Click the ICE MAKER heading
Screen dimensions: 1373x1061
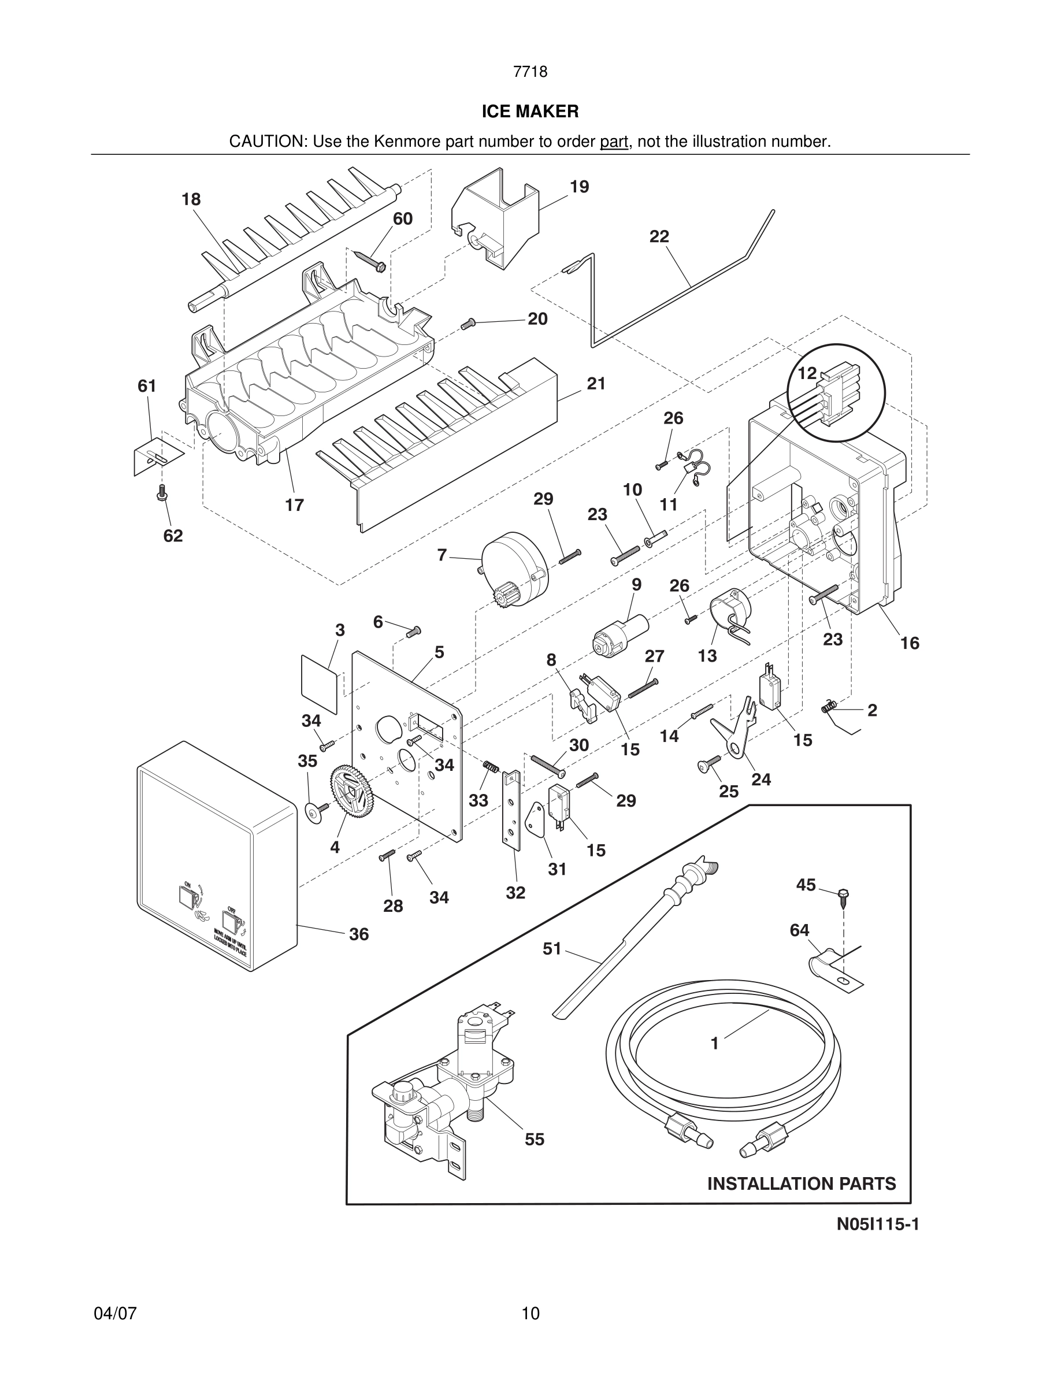[530, 112]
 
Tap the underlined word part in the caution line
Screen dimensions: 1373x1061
[614, 142]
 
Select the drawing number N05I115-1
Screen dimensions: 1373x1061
[877, 1224]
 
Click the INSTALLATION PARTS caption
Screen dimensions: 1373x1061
[802, 1184]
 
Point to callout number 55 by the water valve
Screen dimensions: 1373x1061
[535, 1139]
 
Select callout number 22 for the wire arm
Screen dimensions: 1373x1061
[659, 237]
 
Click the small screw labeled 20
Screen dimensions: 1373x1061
[468, 323]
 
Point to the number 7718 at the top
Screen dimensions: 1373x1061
[530, 72]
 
